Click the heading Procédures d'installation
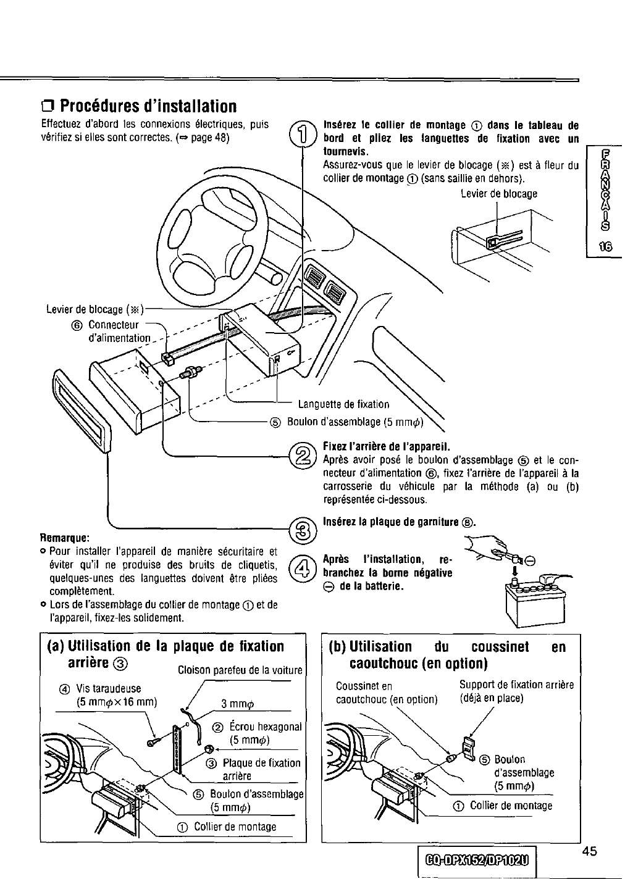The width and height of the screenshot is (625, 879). point(140,106)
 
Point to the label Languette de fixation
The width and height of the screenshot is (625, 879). point(343,404)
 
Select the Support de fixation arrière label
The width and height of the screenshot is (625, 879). point(516,691)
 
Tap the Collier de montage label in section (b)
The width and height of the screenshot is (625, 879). point(511,805)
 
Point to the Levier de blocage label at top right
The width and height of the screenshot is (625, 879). point(499,193)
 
